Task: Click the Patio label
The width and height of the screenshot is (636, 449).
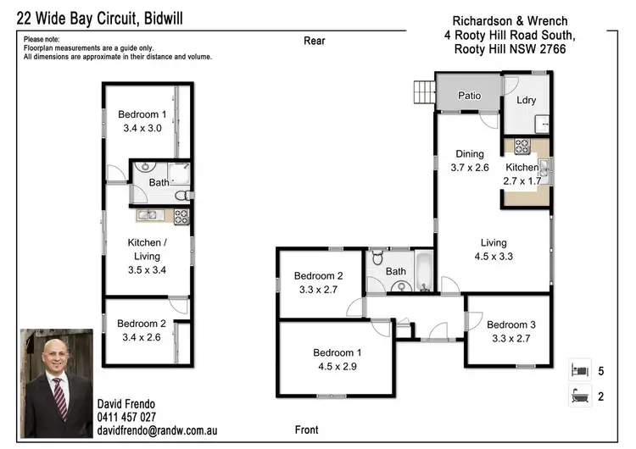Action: [469, 96]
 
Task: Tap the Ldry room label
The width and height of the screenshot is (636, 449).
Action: [527, 101]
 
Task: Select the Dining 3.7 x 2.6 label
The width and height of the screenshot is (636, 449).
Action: [469, 161]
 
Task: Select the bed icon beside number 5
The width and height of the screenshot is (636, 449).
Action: [578, 369]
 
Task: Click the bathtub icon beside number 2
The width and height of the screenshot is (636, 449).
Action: [578, 396]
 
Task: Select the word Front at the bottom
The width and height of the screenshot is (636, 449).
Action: [306, 430]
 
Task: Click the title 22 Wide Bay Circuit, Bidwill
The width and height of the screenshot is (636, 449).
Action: [104, 18]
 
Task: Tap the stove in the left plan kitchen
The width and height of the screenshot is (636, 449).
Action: [181, 216]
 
